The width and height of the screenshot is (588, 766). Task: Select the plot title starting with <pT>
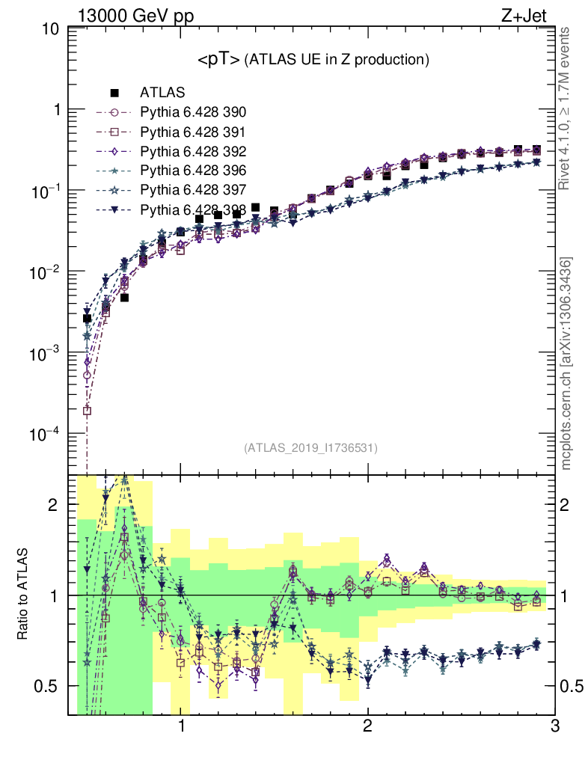pos(312,60)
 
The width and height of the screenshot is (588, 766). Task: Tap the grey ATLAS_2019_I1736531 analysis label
pos(310,448)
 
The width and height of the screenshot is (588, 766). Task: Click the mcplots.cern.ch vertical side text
pos(567,364)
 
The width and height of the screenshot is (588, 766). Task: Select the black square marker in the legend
pos(114,93)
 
